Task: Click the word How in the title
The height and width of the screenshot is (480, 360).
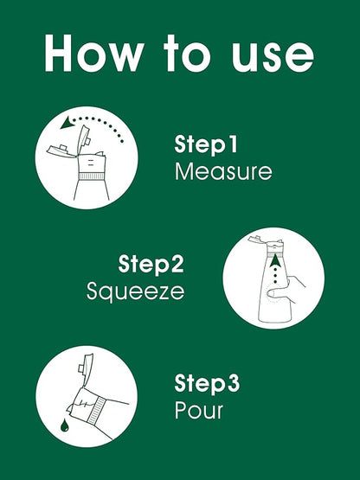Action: tap(94, 54)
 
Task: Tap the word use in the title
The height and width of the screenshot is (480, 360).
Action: tap(273, 56)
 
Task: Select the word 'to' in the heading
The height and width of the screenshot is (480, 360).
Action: tap(187, 54)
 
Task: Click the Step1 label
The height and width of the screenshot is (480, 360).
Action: tap(206, 144)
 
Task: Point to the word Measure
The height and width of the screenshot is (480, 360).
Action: tap(223, 171)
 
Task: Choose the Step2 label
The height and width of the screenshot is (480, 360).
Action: tap(151, 264)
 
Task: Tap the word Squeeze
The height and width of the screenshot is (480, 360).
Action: tap(135, 291)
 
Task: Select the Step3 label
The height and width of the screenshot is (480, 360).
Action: tap(207, 383)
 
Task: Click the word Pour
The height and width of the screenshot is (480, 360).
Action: tap(199, 410)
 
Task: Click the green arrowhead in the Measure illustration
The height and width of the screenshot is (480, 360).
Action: tap(67, 123)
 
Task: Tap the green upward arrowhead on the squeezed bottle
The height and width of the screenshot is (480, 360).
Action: tap(275, 260)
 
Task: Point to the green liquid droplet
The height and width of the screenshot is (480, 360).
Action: tap(65, 426)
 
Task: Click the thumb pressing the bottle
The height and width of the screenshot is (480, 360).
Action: tap(277, 293)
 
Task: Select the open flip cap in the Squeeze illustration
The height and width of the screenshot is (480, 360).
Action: tap(256, 240)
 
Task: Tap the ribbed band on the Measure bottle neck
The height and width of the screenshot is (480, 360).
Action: tap(92, 176)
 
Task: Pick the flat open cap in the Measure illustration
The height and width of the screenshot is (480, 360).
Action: tap(61, 150)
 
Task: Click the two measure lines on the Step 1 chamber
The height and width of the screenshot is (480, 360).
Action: tap(91, 163)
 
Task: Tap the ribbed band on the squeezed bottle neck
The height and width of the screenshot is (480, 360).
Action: tap(275, 250)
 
